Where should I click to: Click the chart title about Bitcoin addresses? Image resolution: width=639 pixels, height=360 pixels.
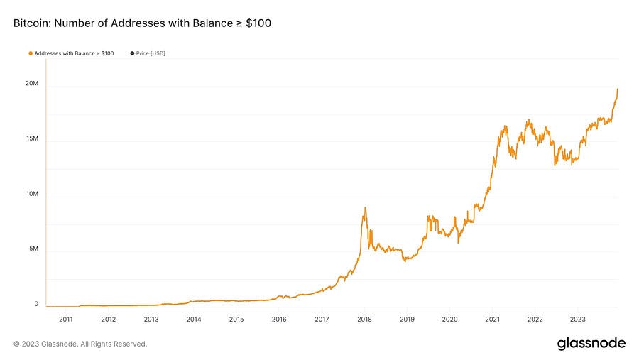tap(142, 23)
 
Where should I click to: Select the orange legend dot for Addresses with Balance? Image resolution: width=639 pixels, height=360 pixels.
tap(31, 53)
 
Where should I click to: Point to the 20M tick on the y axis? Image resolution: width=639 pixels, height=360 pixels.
tap(33, 84)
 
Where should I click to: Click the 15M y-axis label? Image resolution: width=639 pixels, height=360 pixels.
tap(33, 139)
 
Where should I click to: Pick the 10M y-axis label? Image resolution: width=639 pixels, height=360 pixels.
tap(33, 195)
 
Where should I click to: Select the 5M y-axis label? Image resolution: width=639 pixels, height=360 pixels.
tap(34, 249)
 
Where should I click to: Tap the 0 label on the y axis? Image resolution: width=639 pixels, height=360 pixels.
tap(36, 304)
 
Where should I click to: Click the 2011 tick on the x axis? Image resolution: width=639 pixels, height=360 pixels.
tap(66, 320)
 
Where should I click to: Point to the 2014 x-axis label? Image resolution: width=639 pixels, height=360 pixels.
tap(194, 320)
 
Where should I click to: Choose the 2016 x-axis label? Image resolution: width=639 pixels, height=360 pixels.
tap(279, 320)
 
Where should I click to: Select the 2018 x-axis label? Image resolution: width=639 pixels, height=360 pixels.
tap(364, 320)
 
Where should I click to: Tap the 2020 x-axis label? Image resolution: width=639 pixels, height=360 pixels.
tap(449, 320)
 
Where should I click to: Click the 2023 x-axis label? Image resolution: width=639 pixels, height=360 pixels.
tap(578, 320)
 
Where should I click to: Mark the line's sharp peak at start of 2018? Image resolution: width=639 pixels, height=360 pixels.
tap(365, 207)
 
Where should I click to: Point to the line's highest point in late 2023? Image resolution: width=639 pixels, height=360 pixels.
tap(618, 89)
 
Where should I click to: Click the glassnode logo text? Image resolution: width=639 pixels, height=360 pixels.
tap(591, 344)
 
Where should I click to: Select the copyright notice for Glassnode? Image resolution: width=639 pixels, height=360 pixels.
tap(80, 344)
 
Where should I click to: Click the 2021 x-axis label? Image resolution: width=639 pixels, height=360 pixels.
tap(493, 320)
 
